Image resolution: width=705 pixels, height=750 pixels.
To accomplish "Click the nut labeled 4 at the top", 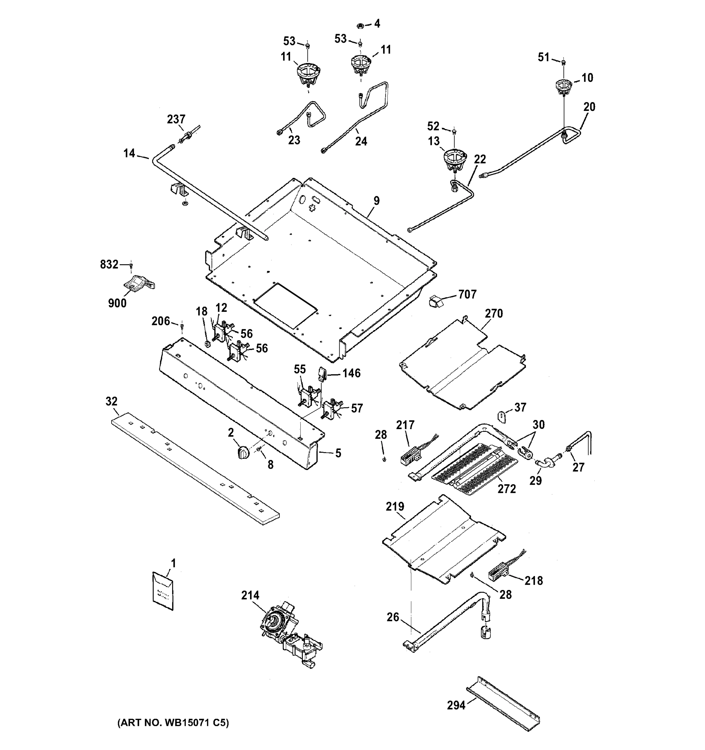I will [x=360, y=26].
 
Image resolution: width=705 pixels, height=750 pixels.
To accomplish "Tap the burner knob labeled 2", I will [x=244, y=452].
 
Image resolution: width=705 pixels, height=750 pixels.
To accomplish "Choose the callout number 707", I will [x=467, y=294].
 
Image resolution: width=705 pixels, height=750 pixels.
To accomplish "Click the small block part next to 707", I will [x=436, y=302].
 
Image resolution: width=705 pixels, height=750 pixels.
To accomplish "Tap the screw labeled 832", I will [x=131, y=266].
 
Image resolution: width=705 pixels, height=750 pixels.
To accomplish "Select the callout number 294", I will [x=456, y=705].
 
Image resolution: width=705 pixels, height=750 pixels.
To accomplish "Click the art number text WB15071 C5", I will [x=173, y=723].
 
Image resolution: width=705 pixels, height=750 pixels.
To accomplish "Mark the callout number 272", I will [x=507, y=489].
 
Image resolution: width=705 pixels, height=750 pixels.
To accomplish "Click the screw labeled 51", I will [x=563, y=62].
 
